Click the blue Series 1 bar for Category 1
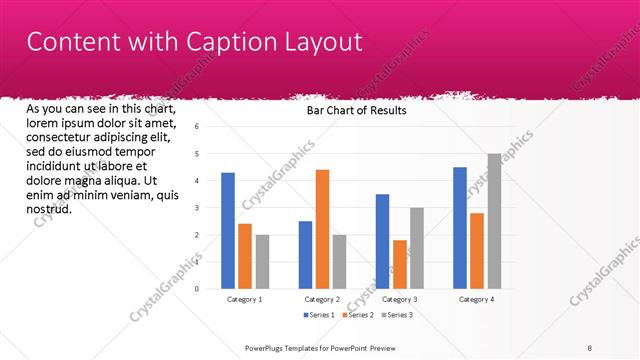click(x=228, y=230)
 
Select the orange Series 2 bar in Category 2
click(x=322, y=229)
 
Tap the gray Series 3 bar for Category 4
click(x=493, y=221)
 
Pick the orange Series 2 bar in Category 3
click(x=399, y=264)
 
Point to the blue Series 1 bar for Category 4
click(x=459, y=227)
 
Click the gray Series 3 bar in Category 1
click(x=262, y=261)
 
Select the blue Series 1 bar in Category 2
click(x=305, y=254)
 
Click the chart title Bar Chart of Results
click(x=356, y=111)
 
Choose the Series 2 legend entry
click(x=359, y=315)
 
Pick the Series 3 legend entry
click(x=396, y=315)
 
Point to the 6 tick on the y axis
click(x=197, y=127)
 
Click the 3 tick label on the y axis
click(x=197, y=208)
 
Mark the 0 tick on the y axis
click(x=197, y=289)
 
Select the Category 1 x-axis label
click(x=245, y=299)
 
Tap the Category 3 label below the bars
click(x=399, y=299)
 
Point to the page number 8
click(x=590, y=347)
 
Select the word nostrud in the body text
click(x=48, y=209)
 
